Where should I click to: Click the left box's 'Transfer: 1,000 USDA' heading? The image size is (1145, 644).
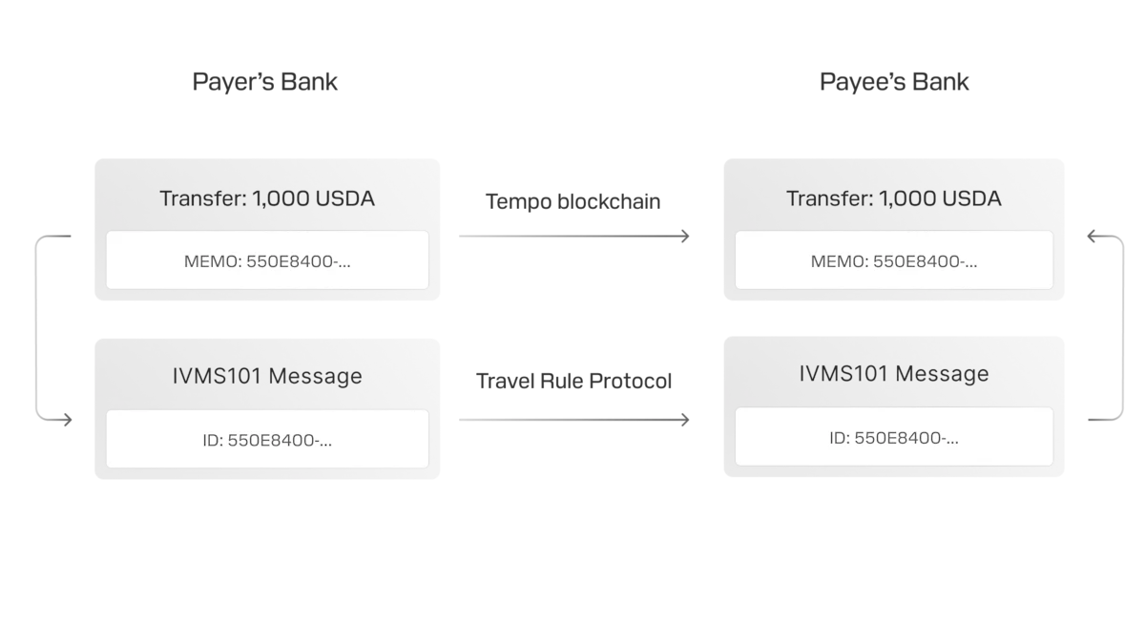(x=267, y=198)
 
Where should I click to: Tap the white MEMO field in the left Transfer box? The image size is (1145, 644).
(x=267, y=260)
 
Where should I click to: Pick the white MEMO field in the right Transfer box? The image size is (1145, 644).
(x=893, y=260)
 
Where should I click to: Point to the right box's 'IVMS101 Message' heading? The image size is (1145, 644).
(x=893, y=373)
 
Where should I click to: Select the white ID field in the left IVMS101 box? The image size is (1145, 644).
(x=267, y=439)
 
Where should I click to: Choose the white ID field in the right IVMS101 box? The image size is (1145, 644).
(x=893, y=437)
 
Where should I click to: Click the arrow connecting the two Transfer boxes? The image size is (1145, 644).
(x=572, y=237)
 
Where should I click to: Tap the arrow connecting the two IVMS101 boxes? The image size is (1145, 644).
(x=572, y=420)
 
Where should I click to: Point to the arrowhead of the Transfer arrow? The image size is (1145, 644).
(x=687, y=237)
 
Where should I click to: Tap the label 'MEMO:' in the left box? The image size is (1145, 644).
(x=209, y=260)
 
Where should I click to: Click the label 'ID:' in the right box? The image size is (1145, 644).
(x=840, y=438)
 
